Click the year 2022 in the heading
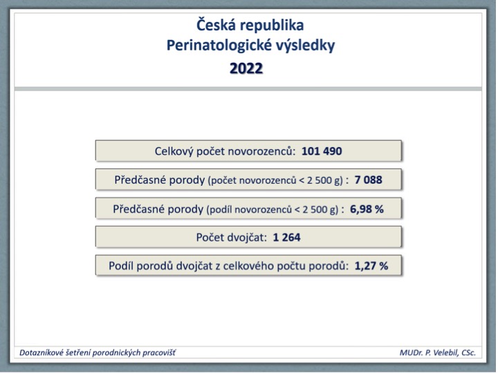(246, 68)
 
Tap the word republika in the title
(273, 26)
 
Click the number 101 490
(322, 151)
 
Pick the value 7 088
(369, 180)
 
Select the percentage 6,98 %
(367, 209)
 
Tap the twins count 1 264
(286, 237)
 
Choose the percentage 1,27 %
(371, 266)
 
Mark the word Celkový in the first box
(174, 151)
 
